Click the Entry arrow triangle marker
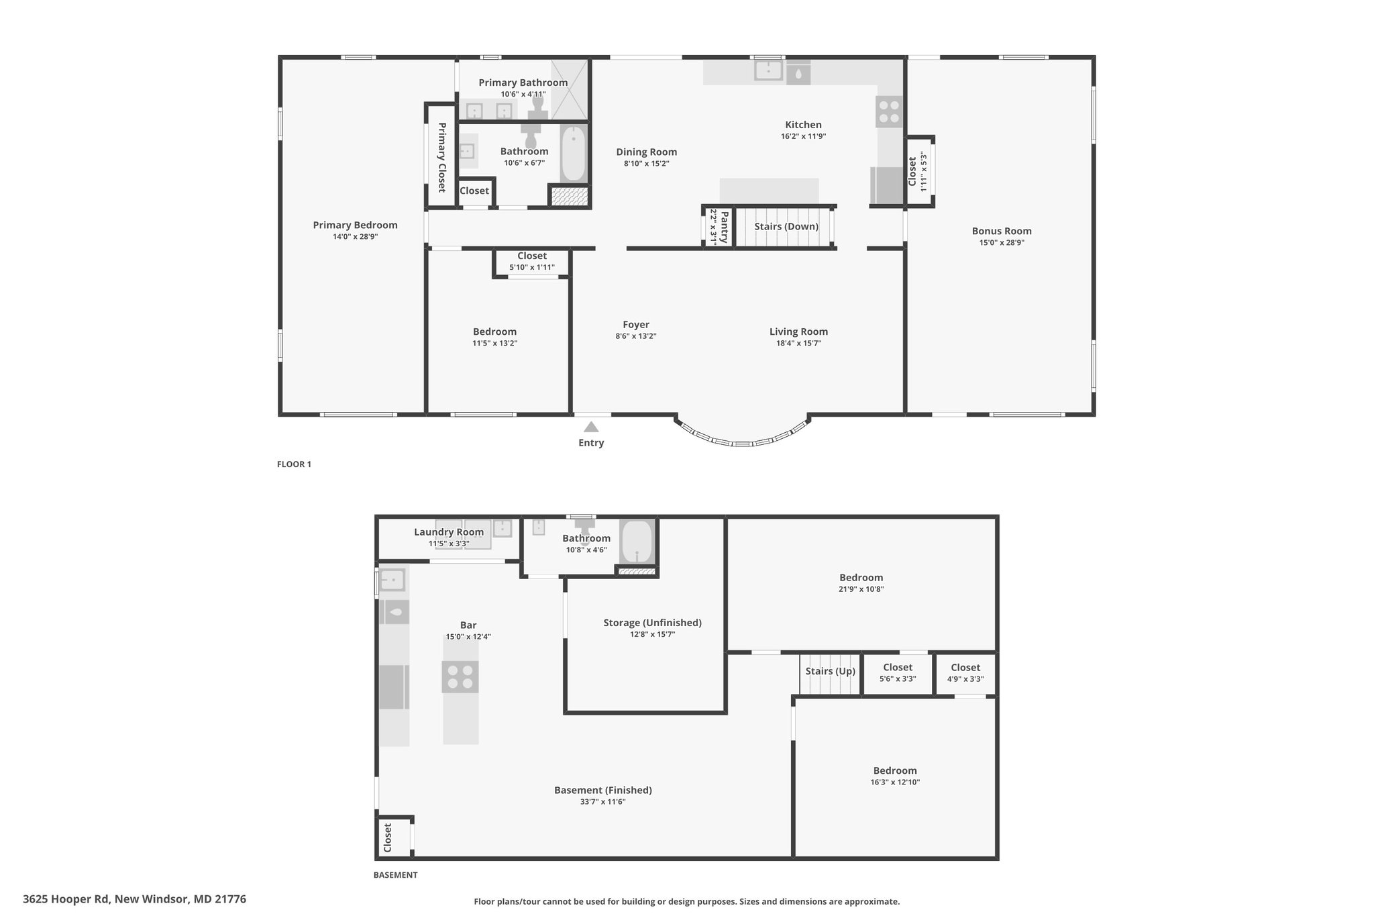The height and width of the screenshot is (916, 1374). [x=591, y=427]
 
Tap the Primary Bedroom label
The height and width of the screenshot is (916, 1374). [x=355, y=225]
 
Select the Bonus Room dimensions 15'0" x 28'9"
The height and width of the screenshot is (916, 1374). [x=1002, y=243]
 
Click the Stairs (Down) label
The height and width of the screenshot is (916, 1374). [x=786, y=226]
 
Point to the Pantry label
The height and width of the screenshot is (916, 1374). [x=725, y=227]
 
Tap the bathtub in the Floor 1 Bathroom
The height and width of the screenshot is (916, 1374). [x=574, y=153]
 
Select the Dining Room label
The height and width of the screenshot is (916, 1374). [x=647, y=152]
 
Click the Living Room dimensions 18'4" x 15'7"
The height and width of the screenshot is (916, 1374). [x=798, y=344]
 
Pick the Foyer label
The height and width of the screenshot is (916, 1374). [x=636, y=325]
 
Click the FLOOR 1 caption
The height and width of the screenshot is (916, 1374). [x=294, y=464]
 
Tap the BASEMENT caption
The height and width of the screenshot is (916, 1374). [x=395, y=875]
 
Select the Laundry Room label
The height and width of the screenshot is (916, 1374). [x=449, y=532]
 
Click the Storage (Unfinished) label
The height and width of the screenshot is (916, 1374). [x=653, y=623]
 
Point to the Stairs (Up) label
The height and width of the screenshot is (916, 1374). [x=831, y=671]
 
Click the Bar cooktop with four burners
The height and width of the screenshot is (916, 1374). [x=460, y=676]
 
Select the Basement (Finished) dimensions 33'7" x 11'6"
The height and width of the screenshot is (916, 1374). [x=603, y=802]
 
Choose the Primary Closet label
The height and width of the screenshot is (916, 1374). [x=442, y=158]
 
